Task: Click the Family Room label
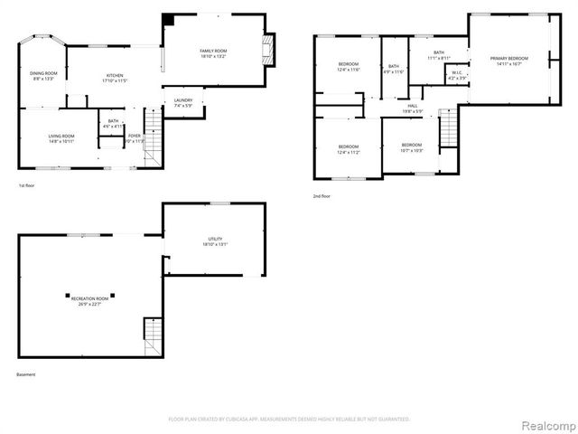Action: tap(213, 52)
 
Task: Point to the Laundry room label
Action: tap(183, 102)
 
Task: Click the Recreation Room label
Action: tap(90, 300)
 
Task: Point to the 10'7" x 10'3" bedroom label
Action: tap(411, 147)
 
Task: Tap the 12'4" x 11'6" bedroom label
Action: tap(349, 66)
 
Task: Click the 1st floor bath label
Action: tap(113, 123)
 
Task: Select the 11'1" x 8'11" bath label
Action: tap(438, 55)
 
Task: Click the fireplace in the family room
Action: tap(267, 48)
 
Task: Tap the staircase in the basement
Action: tap(153, 337)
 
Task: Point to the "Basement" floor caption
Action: tap(27, 374)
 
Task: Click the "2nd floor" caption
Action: tap(322, 195)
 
